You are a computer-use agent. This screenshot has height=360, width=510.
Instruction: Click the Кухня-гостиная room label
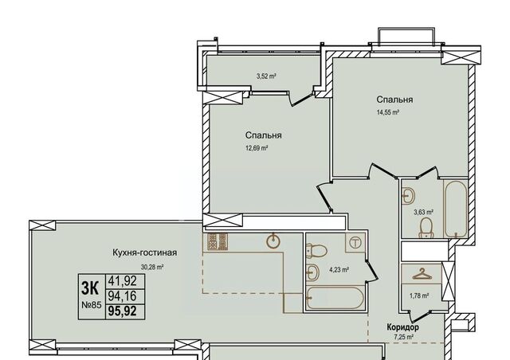[145, 252]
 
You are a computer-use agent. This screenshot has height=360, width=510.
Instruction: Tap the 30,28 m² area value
[152, 268]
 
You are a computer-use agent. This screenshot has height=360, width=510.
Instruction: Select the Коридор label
[402, 327]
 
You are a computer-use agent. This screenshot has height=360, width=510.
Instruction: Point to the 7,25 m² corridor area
[402, 337]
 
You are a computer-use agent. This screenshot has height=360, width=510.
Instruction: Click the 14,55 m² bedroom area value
[388, 113]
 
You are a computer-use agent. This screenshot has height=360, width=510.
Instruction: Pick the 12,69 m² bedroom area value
[257, 149]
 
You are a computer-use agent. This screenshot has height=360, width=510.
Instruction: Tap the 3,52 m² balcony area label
[266, 76]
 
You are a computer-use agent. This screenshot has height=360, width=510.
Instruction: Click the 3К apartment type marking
[90, 288]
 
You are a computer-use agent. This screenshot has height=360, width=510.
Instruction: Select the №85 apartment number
[92, 305]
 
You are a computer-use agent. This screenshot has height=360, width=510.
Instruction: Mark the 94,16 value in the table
[122, 296]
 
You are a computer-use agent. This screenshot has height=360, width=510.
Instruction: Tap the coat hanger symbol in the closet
[422, 274]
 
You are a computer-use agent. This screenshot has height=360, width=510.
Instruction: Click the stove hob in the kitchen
[217, 242]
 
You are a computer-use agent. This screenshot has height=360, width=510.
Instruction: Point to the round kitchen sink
[273, 241]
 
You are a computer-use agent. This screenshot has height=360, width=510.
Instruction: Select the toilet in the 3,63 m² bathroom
[426, 227]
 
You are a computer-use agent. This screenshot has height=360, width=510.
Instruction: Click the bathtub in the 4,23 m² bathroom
[334, 298]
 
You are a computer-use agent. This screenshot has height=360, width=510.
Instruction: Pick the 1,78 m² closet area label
[419, 296]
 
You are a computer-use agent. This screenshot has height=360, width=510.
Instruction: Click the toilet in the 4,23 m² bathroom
[316, 250]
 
